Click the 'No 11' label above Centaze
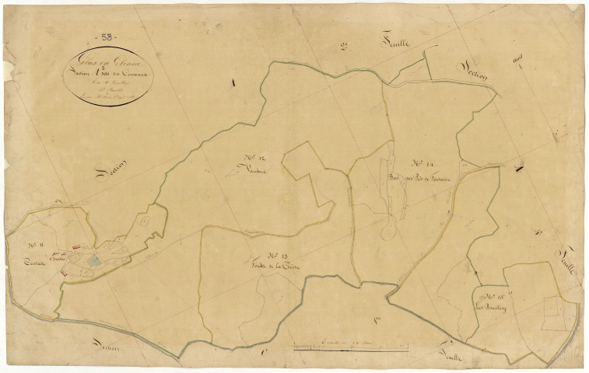coord(33,248)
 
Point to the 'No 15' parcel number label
coord(493,296)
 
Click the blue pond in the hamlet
coord(93,263)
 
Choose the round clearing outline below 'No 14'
coord(388,232)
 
